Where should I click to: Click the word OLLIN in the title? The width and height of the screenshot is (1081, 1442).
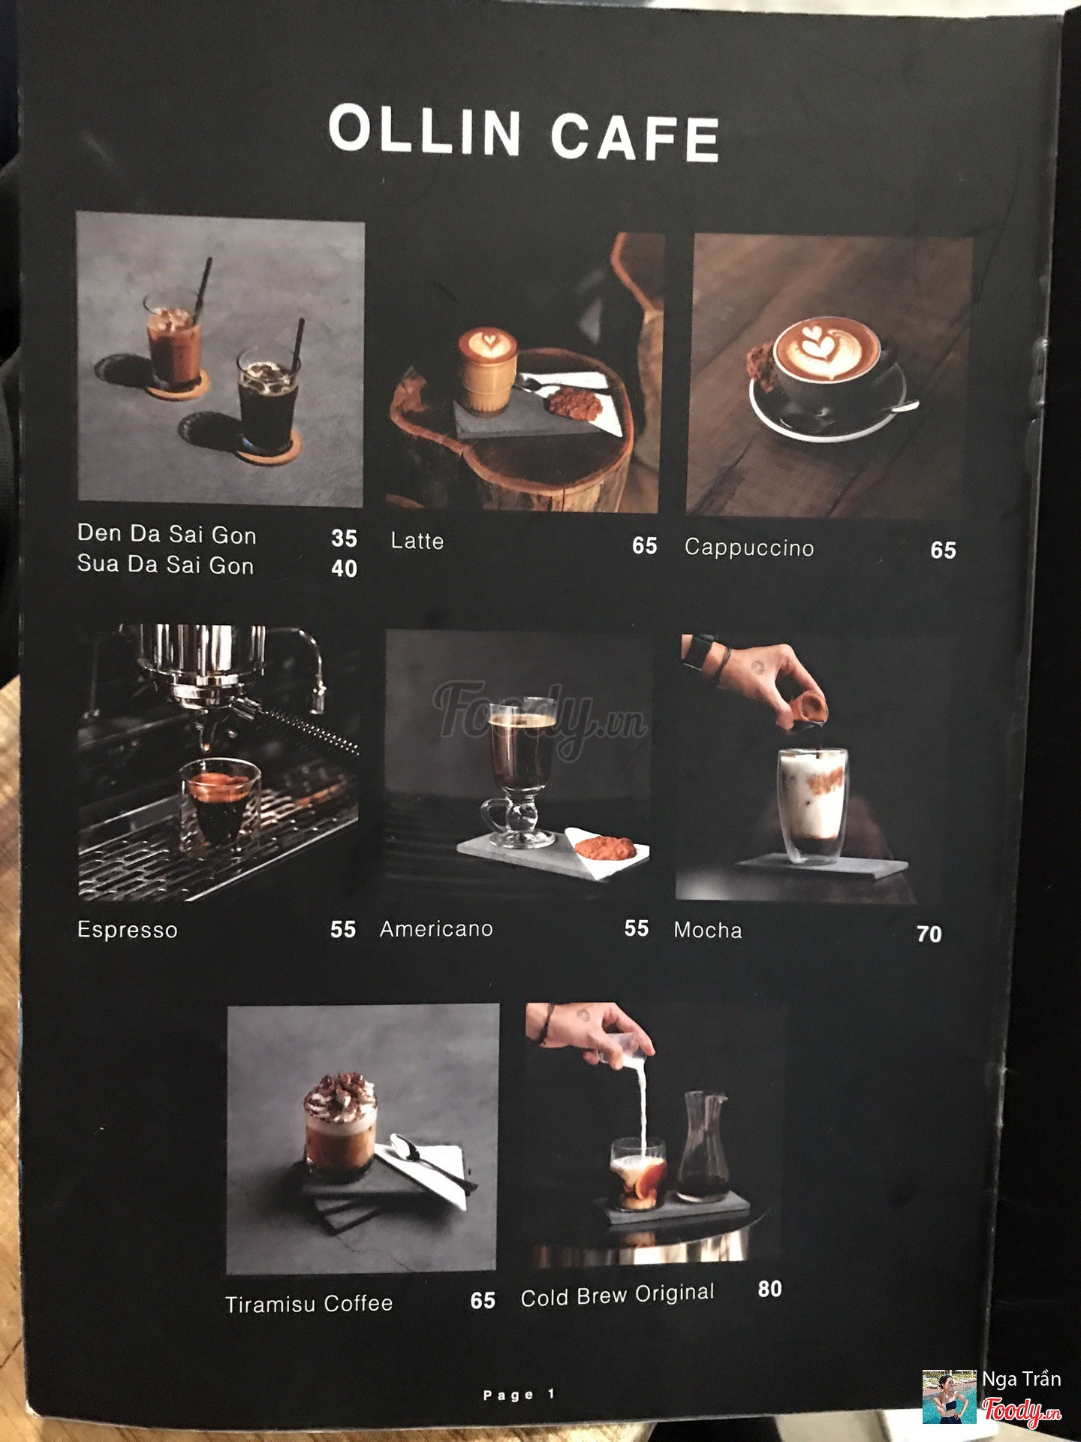tap(425, 131)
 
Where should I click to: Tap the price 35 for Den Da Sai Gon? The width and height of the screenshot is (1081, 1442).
tap(345, 538)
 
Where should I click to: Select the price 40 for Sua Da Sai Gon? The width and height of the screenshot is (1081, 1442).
tap(345, 569)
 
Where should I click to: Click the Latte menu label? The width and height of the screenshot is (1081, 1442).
tap(417, 541)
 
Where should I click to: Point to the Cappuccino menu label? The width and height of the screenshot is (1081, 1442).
tap(749, 548)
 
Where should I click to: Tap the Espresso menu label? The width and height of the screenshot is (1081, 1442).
tap(128, 930)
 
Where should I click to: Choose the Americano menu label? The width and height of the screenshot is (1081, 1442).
tap(436, 929)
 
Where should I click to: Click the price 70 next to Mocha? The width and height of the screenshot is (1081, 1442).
tap(929, 934)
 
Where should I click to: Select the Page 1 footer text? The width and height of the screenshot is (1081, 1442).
tap(519, 1395)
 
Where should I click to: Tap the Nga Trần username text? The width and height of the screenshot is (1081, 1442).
tap(1022, 1379)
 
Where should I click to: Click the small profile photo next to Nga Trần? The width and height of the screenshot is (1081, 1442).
tap(950, 1397)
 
